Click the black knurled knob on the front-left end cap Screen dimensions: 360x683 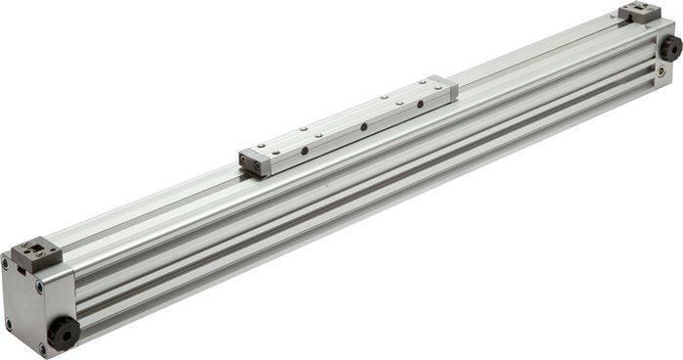(64, 333)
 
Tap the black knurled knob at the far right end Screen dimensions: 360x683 (670, 47)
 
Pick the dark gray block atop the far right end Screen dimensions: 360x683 (640, 12)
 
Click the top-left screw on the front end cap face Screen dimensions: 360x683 (6, 263)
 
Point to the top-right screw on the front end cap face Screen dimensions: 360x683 (39, 287)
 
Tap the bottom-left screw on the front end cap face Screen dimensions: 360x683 (9, 324)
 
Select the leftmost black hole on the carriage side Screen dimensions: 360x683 (303, 150)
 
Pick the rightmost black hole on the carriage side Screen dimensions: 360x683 (420, 102)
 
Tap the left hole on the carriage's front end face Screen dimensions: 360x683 (247, 163)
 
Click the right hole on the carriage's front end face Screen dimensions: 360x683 (259, 168)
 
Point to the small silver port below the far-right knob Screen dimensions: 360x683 (664, 70)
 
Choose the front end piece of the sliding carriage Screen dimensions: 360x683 (254, 162)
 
